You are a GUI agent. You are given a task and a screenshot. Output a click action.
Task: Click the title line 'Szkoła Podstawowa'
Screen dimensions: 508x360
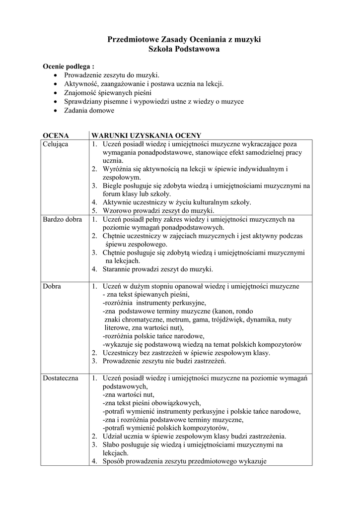pos(184,49)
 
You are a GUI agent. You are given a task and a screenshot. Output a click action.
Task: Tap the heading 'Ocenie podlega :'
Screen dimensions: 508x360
pos(69,66)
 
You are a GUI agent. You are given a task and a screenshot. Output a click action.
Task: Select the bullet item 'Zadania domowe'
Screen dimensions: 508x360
pos(89,111)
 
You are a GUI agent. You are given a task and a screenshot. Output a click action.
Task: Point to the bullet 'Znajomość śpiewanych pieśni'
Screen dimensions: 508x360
pos(108,93)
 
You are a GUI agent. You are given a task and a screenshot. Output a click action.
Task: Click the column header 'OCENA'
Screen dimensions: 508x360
pos(56,135)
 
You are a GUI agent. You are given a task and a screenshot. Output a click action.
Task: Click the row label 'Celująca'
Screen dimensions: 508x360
pos(56,144)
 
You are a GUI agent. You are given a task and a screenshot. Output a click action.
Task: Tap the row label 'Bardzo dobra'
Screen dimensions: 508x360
pos(62,219)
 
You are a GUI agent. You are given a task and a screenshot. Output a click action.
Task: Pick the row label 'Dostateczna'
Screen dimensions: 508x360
pos(61,378)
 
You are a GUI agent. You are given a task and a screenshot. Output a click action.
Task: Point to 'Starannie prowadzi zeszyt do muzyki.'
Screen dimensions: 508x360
pos(157,269)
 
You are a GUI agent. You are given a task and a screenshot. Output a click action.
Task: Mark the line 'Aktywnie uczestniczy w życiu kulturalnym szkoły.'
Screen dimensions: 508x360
pos(177,202)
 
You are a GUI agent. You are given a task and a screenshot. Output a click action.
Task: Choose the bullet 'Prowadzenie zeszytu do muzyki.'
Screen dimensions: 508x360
pos(112,75)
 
